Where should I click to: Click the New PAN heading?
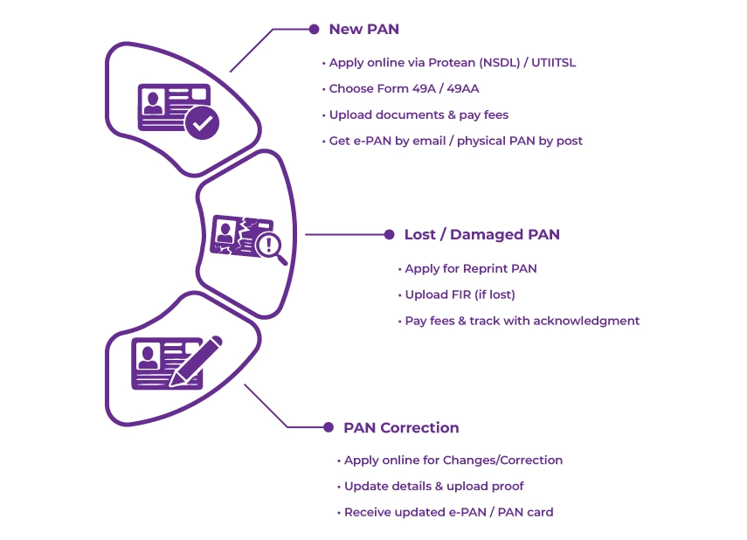click(363, 29)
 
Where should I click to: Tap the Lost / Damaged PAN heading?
click(481, 234)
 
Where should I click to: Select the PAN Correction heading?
click(401, 427)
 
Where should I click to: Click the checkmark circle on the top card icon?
click(203, 123)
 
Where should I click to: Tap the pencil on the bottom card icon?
click(195, 362)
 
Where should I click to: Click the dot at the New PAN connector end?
click(315, 29)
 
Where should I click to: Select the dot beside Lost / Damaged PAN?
click(390, 234)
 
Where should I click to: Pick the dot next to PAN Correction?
click(329, 427)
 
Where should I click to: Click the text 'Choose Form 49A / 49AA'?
click(404, 89)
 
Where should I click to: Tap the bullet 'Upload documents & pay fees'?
click(418, 114)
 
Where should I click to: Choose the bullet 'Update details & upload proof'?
click(433, 486)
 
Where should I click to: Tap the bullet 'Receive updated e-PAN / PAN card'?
click(448, 512)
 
